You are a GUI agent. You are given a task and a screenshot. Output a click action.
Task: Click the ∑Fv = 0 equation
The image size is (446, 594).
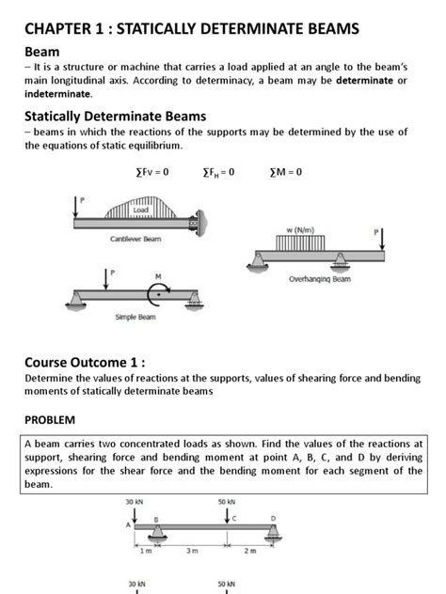(x=152, y=173)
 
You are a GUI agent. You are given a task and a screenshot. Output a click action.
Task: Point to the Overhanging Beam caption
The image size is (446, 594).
(x=319, y=279)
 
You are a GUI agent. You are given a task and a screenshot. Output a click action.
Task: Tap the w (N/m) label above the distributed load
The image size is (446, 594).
(x=301, y=229)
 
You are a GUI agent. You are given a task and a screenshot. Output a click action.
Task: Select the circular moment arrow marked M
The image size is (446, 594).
(x=159, y=292)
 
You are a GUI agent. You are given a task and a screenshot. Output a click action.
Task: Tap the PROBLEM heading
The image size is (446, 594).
(x=50, y=418)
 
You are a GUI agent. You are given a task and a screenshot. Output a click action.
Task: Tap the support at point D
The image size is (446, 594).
(x=273, y=534)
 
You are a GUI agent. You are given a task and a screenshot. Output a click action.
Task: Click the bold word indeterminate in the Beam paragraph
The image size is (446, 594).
(x=58, y=94)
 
